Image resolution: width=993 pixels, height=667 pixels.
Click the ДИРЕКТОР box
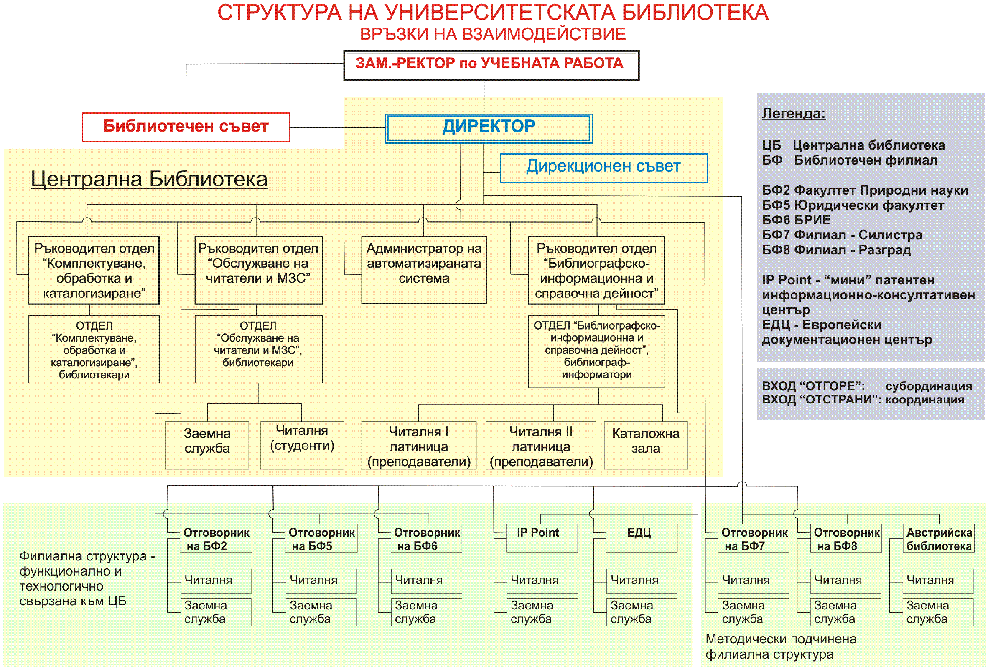[488, 128]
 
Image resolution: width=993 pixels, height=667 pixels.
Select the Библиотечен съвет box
[186, 127]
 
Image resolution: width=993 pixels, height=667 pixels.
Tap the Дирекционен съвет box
[603, 167]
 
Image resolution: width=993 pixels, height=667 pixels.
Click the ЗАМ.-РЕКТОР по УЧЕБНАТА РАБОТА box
[491, 65]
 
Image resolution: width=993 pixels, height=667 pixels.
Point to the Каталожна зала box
[645, 444]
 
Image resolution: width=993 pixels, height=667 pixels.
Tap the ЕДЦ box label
[639, 533]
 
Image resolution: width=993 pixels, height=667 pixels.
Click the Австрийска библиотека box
[939, 539]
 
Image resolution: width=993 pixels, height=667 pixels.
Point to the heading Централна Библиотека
[149, 179]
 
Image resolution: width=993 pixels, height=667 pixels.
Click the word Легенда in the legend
[793, 114]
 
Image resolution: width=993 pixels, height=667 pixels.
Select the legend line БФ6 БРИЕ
[796, 220]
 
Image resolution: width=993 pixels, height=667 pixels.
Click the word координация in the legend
[924, 399]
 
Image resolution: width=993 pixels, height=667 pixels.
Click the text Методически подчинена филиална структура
[781, 646]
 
